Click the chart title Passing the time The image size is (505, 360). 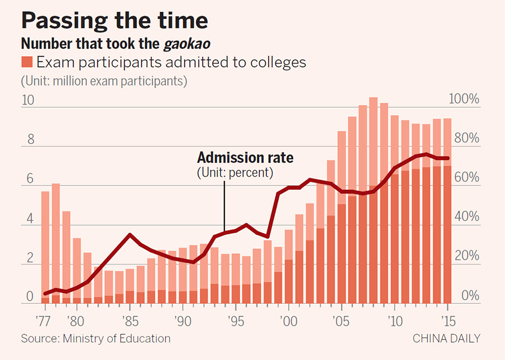tap(114, 21)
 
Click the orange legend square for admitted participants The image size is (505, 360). tap(27, 61)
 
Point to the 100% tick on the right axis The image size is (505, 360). tap(466, 100)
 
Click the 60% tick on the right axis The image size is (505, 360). tap(466, 178)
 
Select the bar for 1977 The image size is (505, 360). tap(45, 247)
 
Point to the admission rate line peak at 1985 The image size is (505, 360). tap(130, 235)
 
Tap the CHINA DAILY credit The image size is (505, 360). tap(447, 339)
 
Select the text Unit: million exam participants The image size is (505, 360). tap(104, 81)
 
